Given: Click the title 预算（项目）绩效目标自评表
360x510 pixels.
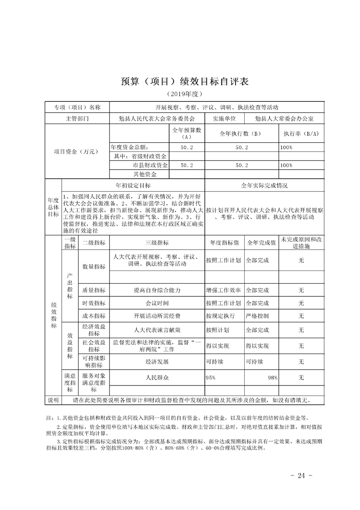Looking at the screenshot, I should pyautogui.click(x=180, y=82).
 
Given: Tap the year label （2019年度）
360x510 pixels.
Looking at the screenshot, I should pyautogui.click(x=180, y=94).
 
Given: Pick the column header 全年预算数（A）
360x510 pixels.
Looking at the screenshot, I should pyautogui.click(x=187, y=133).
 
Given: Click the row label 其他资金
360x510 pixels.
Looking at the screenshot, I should pyautogui.click(x=145, y=174).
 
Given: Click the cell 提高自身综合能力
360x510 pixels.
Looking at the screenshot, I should pyautogui.click(x=157, y=290).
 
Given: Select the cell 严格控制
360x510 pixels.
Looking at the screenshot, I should pyautogui.click(x=257, y=316).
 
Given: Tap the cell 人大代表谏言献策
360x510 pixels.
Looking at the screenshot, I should pyautogui.click(x=157, y=330).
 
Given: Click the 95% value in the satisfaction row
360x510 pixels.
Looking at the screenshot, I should pyautogui.click(x=211, y=378).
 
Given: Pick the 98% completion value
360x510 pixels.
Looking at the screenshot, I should pyautogui.click(x=272, y=378).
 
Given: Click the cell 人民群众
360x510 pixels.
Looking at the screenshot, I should pyautogui.click(x=157, y=378).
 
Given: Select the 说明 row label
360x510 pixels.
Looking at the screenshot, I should pyautogui.click(x=53, y=400).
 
